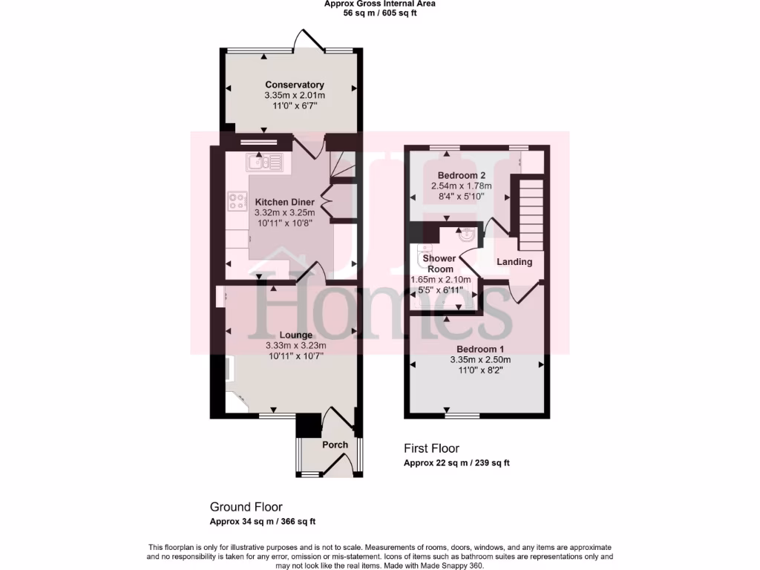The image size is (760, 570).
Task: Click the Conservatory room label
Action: tap(295, 85)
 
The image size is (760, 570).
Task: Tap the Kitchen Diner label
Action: tap(285, 202)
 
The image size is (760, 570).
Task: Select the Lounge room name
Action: tap(295, 335)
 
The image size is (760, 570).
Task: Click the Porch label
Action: tap(335, 445)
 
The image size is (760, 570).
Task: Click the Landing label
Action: tap(514, 262)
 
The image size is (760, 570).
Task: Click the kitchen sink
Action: tap(264, 162)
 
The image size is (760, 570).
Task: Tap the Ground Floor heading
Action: tap(246, 507)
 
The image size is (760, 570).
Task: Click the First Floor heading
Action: tap(431, 448)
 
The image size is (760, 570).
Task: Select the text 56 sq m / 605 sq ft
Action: tap(379, 13)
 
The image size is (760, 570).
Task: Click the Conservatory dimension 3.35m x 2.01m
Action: tap(295, 96)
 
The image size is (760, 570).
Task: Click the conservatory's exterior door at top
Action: tap(307, 41)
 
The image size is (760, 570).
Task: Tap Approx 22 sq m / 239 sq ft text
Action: tap(456, 463)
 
